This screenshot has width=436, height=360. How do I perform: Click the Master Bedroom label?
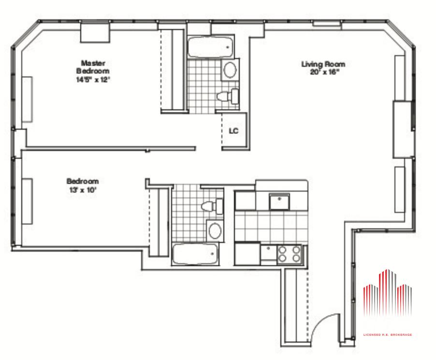pyautogui.click(x=93, y=67)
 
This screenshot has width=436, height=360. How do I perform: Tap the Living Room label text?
pyautogui.click(x=323, y=64)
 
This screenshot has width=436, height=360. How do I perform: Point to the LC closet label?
pyautogui.click(x=233, y=131)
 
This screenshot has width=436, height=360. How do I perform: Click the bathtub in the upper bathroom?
pyautogui.click(x=210, y=47)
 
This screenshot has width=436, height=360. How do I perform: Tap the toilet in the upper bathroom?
pyautogui.click(x=228, y=96)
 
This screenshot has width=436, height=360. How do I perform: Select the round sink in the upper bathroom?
pyautogui.click(x=230, y=70)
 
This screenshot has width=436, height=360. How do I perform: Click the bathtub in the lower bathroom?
pyautogui.click(x=195, y=254)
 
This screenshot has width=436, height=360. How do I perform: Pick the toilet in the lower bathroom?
pyautogui.click(x=212, y=206)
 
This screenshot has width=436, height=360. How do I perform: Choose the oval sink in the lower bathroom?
pyautogui.click(x=215, y=231)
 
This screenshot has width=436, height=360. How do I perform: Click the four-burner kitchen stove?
pyautogui.click(x=290, y=254)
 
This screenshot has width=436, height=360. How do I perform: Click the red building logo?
pyautogui.click(x=388, y=293)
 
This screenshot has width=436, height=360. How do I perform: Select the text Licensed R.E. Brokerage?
pyautogui.click(x=388, y=335)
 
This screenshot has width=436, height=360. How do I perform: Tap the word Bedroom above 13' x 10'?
pyautogui.click(x=83, y=181)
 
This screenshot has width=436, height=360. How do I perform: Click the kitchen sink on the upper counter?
pyautogui.click(x=279, y=202)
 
